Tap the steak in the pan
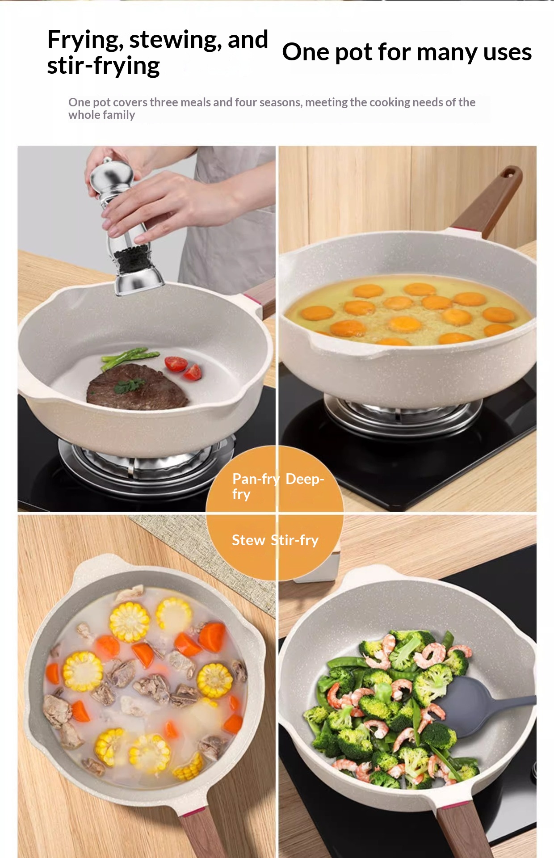(138, 387)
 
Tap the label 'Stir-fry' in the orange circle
(295, 540)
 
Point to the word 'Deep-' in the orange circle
(305, 479)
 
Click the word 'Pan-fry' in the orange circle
(256, 479)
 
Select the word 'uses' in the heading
(508, 52)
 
